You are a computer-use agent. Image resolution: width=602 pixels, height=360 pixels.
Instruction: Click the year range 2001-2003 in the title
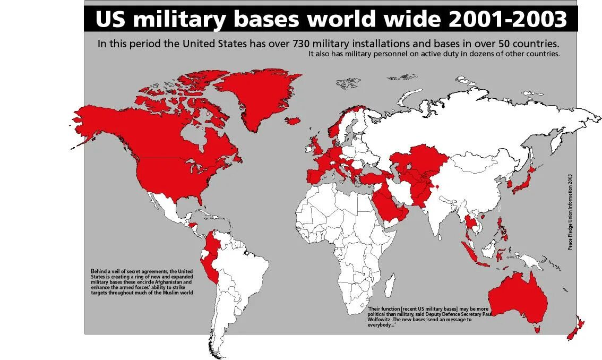click(x=508, y=20)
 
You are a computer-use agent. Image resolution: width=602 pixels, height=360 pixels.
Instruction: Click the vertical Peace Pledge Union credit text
click(x=570, y=212)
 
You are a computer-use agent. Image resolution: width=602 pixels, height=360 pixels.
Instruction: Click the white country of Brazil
click(x=244, y=271)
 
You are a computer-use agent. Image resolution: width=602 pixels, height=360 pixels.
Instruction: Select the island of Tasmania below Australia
click(x=538, y=329)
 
